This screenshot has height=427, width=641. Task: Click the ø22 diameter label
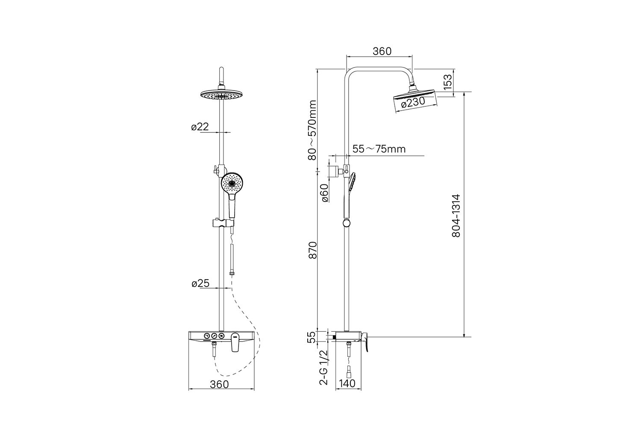(x=200, y=127)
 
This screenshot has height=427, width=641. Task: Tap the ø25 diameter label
(x=200, y=284)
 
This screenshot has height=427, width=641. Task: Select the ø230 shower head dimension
(x=413, y=103)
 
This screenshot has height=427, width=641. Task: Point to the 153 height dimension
(x=448, y=82)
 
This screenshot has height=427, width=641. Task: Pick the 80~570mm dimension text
(x=312, y=130)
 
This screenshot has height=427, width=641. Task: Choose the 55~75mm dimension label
(x=379, y=149)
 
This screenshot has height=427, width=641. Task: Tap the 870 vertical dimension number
(x=313, y=250)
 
